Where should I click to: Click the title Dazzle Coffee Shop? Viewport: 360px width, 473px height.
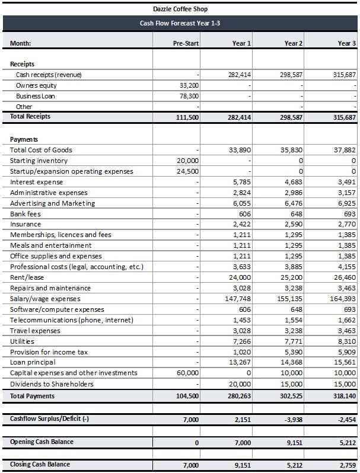point(180,9)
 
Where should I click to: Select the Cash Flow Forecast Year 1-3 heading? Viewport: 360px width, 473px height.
point(180,23)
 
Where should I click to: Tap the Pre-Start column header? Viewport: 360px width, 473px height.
point(186,43)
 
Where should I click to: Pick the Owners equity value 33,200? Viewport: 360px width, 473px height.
point(189,85)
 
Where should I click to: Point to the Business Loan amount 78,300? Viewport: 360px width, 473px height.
point(189,96)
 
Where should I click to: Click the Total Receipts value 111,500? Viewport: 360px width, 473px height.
point(187,117)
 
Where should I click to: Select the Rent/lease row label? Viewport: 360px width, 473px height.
point(27,277)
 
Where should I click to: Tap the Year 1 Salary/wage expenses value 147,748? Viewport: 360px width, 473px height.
point(240,299)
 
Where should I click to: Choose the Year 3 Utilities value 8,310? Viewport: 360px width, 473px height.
point(347,341)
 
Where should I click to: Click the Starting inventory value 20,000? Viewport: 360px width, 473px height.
point(188,161)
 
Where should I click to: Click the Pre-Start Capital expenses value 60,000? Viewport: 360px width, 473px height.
point(188,373)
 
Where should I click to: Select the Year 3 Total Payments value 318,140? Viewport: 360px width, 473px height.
point(345,396)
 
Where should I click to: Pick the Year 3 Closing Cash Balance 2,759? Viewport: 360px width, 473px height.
point(346,465)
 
